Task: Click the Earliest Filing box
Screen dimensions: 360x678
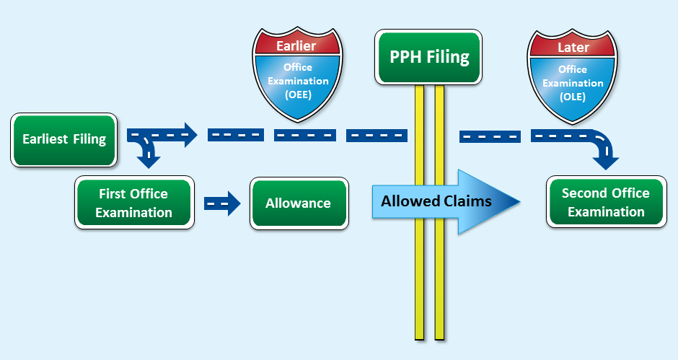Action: (64, 139)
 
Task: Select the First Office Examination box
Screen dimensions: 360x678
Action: (133, 203)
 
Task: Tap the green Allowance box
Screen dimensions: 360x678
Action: (298, 203)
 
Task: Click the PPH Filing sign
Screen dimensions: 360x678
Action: (429, 57)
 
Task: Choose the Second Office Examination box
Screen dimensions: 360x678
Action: (605, 202)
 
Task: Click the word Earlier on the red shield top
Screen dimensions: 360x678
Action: (296, 46)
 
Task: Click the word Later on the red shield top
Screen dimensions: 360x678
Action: (573, 47)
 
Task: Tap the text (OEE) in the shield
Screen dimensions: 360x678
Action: (297, 95)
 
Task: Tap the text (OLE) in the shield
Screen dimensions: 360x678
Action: (573, 97)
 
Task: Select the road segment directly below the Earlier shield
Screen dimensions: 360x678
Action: (304, 135)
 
